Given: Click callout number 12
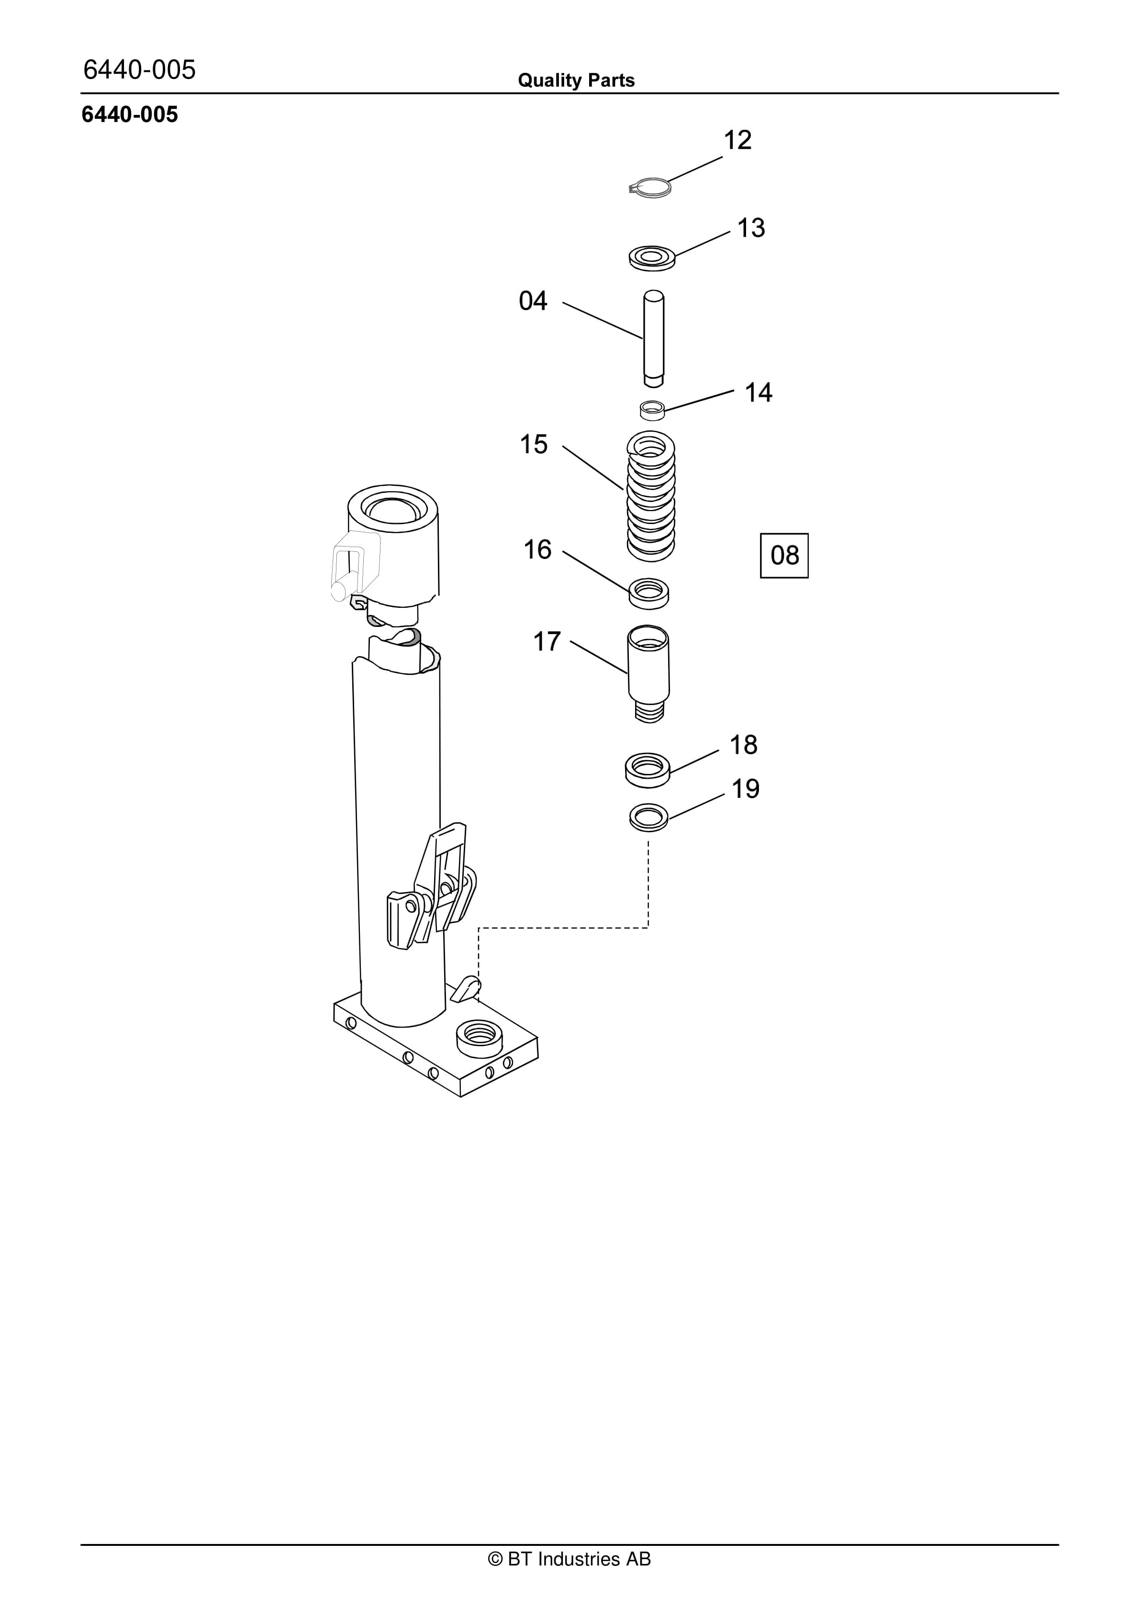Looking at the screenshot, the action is point(738,140).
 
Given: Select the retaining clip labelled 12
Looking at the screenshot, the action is point(650,187).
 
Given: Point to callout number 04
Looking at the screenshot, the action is point(533,301).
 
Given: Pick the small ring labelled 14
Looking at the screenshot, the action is point(652,410).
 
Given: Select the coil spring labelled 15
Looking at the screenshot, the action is point(651,496).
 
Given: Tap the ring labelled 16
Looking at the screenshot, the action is point(649,593).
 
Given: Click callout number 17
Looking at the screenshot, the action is point(547,642).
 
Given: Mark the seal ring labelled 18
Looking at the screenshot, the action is point(648,770).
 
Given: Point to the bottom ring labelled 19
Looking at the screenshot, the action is point(649,817).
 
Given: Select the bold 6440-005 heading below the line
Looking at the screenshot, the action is point(130,114).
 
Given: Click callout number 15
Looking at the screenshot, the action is point(533,445).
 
